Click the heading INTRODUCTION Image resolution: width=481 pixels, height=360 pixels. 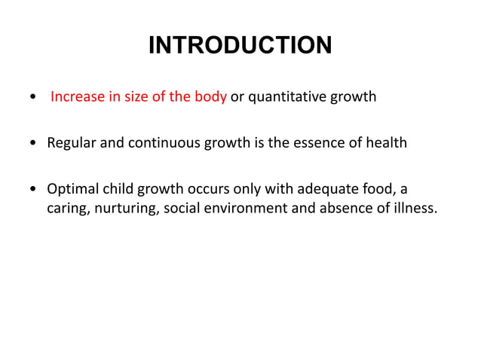[x=240, y=46]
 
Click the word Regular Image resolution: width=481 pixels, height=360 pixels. [x=70, y=142]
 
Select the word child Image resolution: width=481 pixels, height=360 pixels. [x=118, y=188]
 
